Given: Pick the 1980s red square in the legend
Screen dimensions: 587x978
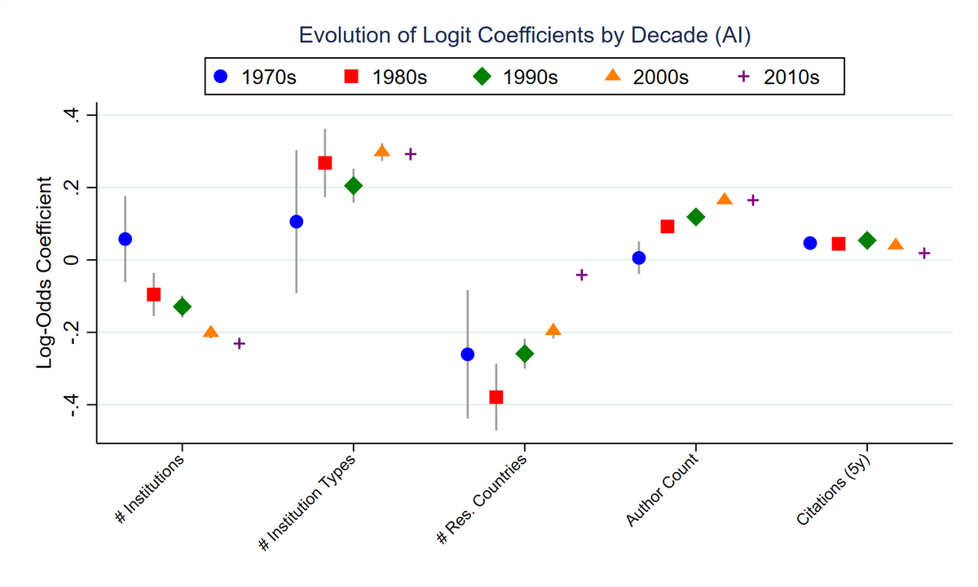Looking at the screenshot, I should [351, 77].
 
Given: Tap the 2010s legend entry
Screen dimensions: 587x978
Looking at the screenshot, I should [778, 77].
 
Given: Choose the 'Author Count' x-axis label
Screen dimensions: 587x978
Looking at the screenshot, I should [660, 489].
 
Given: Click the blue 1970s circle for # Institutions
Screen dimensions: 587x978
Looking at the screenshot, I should [125, 239].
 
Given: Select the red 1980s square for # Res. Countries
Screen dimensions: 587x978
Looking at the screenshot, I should [496, 397].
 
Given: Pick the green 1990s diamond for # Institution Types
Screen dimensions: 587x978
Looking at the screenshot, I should [353, 186].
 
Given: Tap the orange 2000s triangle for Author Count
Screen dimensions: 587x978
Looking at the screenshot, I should [724, 200].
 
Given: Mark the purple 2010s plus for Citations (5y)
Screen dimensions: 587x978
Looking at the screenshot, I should [923, 254].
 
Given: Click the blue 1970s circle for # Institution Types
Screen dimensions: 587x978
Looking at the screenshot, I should [296, 222].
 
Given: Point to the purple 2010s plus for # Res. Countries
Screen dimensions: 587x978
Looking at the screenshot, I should [581, 275].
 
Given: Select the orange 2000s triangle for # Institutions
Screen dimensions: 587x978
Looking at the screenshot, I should [210, 332].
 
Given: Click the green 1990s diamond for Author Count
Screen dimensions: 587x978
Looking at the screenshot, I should [695, 217].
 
